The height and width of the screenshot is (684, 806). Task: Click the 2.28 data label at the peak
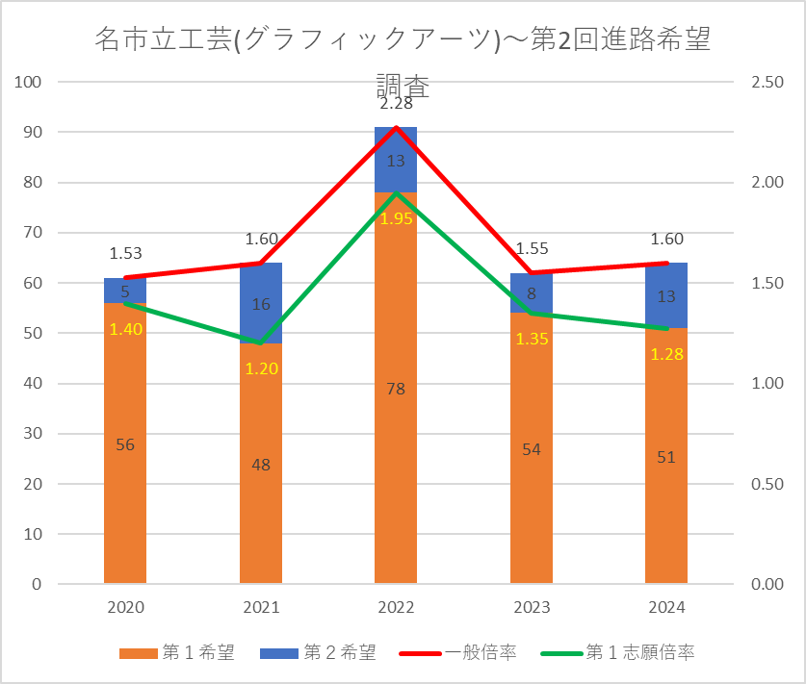(396, 104)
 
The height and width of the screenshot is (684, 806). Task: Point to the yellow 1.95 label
(396, 219)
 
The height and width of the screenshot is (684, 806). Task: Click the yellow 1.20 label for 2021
(261, 368)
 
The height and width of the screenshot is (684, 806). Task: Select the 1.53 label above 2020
(125, 254)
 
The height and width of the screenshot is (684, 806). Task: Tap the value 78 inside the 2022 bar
(396, 390)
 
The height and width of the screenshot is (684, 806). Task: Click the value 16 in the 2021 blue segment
(261, 304)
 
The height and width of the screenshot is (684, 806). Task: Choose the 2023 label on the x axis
(532, 607)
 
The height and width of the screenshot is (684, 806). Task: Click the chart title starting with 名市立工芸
(403, 41)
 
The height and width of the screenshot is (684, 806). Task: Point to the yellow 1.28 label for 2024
(666, 355)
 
